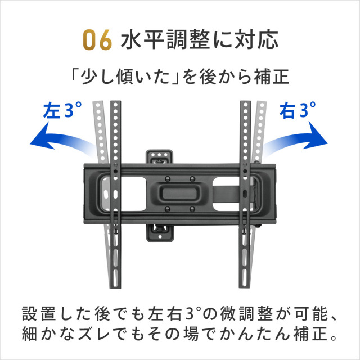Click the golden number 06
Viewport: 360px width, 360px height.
97,40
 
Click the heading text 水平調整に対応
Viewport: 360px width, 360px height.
199,40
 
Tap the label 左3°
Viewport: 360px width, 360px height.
62,110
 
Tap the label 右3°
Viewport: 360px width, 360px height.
298,110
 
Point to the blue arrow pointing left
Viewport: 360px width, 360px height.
62,140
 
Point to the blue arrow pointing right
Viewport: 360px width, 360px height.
296,140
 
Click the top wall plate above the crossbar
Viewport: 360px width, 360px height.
159,156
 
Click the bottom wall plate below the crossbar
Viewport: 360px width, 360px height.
160,233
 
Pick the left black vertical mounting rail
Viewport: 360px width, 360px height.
115,194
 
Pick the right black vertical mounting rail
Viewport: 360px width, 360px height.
245,194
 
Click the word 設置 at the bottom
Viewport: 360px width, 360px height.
39,314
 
